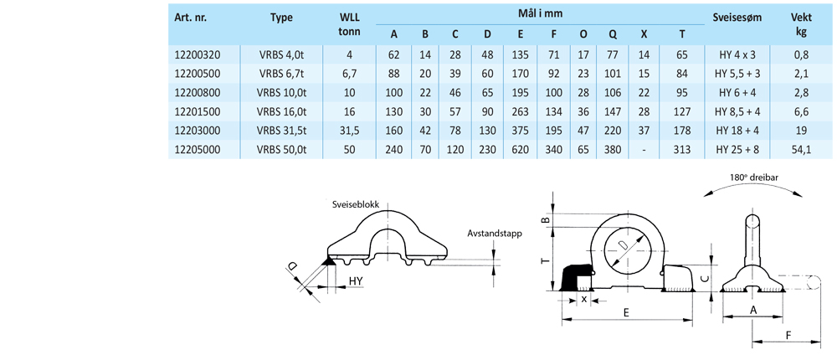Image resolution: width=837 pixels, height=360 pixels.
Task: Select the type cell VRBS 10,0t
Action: (282, 91)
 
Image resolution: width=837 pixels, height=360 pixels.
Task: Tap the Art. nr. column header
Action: (192, 18)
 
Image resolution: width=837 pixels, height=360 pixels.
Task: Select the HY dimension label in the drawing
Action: (356, 280)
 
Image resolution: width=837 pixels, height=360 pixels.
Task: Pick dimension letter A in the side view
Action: (753, 310)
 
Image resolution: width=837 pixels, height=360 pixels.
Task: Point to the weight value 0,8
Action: (800, 54)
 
